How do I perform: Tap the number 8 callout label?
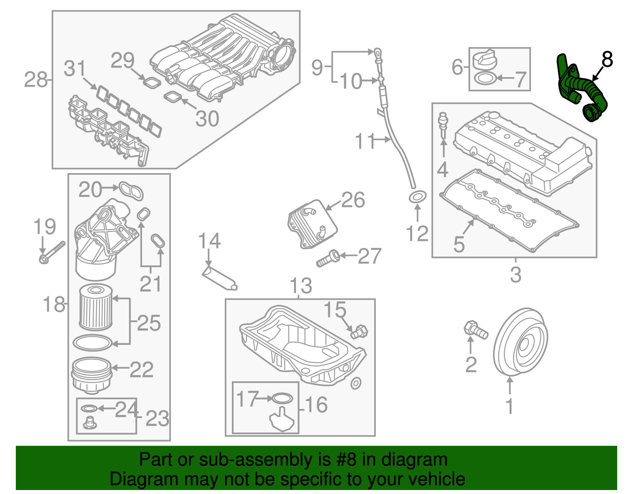pyautogui.click(x=607, y=60)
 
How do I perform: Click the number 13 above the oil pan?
pyautogui.click(x=301, y=286)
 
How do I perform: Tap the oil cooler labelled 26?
pyautogui.click(x=313, y=224)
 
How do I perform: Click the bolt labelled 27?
pyautogui.click(x=328, y=258)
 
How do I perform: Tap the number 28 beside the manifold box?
pyautogui.click(x=36, y=80)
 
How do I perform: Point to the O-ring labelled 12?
pyautogui.click(x=417, y=196)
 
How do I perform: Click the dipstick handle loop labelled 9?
pyautogui.click(x=378, y=52)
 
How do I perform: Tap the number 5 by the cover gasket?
pyautogui.click(x=459, y=244)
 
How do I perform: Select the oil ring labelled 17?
pyautogui.click(x=282, y=398)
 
